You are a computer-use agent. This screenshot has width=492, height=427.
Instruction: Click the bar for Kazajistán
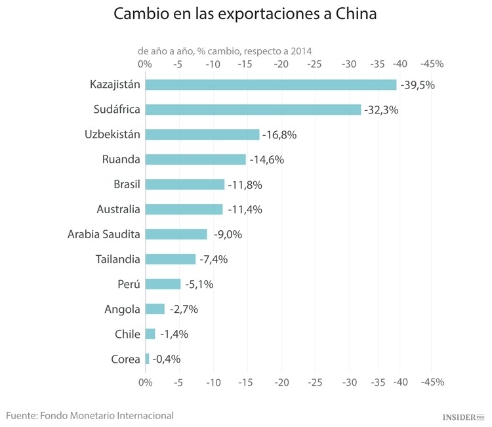(271, 85)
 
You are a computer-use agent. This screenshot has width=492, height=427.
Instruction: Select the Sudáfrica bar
(253, 110)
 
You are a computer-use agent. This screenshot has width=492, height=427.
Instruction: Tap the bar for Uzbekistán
(202, 134)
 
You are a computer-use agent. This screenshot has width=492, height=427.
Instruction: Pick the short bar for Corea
(147, 359)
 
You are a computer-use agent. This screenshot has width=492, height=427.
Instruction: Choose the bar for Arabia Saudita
(176, 234)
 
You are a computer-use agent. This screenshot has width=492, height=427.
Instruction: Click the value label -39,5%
(417, 85)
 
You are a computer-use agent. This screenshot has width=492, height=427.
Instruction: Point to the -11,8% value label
(245, 185)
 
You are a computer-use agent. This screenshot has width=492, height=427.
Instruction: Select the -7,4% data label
(213, 259)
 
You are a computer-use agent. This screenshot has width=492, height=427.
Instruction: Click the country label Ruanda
(121, 159)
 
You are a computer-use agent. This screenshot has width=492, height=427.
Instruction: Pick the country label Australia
(118, 209)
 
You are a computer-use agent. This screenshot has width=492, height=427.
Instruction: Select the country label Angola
(122, 309)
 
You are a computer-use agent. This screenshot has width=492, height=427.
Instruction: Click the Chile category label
(127, 334)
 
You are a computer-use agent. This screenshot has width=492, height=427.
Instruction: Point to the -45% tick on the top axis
(432, 64)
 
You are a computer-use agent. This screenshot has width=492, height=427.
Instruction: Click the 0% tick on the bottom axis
(145, 382)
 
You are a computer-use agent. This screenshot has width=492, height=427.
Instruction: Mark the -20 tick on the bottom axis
(281, 382)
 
